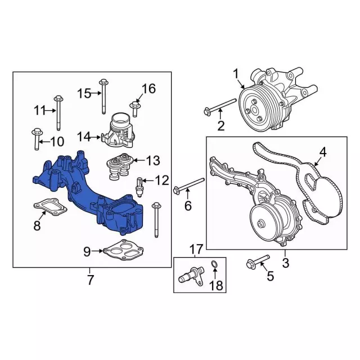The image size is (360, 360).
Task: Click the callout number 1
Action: [236, 74]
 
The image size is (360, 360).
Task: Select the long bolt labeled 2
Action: [220, 106]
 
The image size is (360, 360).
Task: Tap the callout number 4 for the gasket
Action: [323, 152]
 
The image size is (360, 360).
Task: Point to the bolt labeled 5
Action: [258, 261]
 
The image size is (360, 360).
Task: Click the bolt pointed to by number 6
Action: [189, 184]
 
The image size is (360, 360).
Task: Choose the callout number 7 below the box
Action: [90, 280]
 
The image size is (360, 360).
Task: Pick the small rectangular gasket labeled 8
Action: [51, 208]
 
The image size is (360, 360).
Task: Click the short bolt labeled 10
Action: [37, 139]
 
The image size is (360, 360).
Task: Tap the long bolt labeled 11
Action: [58, 113]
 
